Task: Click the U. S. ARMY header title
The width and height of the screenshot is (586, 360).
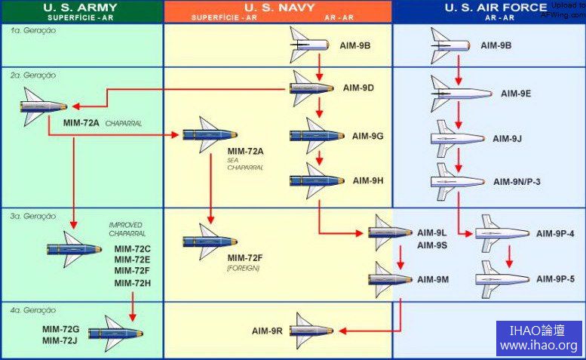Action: click(81, 8)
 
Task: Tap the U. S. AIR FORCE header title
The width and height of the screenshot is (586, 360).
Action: click(495, 8)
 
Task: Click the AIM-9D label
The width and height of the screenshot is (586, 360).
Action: click(358, 88)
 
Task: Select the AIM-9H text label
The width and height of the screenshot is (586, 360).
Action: click(368, 180)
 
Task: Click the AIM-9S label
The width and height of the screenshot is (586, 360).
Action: click(432, 245)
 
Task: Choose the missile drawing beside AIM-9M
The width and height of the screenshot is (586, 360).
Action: click(392, 279)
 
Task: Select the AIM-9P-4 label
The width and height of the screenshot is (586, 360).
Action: click(556, 234)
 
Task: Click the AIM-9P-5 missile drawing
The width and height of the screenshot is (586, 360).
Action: click(502, 279)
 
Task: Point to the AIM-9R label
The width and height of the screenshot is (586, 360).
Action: click(268, 331)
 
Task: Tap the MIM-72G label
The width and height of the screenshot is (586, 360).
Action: click(61, 329)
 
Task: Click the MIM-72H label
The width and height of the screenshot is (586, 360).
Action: click(133, 283)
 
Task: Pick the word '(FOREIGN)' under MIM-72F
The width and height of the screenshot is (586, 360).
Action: click(243, 268)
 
